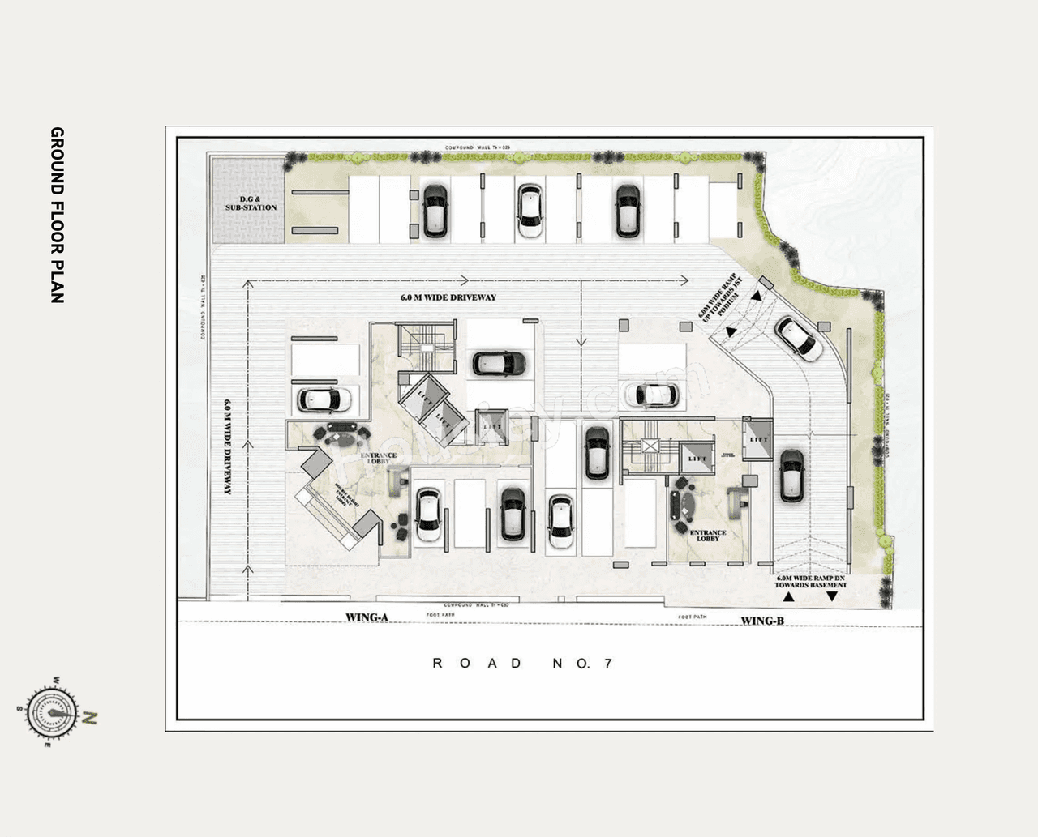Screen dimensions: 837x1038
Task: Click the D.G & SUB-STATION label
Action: pyautogui.click(x=251, y=203)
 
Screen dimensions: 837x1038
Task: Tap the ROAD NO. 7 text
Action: pyautogui.click(x=522, y=664)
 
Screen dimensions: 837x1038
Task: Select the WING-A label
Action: pyautogui.click(x=367, y=617)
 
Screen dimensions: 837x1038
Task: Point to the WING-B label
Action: pyautogui.click(x=761, y=621)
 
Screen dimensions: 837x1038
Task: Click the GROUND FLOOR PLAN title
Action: pyautogui.click(x=57, y=215)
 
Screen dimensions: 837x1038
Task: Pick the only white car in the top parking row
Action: pyautogui.click(x=530, y=210)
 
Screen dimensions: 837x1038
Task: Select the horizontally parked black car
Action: pyautogui.click(x=499, y=363)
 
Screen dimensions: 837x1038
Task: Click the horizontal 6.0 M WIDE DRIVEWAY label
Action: pyautogui.click(x=448, y=297)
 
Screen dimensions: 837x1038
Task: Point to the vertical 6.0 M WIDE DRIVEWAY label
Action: pyautogui.click(x=229, y=446)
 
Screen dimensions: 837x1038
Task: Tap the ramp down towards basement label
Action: pyautogui.click(x=810, y=580)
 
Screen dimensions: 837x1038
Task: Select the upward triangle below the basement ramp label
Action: pyautogui.click(x=787, y=597)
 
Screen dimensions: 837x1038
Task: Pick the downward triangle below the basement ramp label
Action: pyautogui.click(x=831, y=597)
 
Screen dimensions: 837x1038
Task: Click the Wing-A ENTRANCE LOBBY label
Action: pyautogui.click(x=379, y=459)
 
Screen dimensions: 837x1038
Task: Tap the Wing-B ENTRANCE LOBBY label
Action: pyautogui.click(x=707, y=536)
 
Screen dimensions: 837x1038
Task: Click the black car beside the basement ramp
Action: pyautogui.click(x=791, y=476)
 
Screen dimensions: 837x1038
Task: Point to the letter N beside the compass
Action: pyautogui.click(x=91, y=717)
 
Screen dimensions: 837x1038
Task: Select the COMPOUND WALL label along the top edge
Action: pyautogui.click(x=478, y=147)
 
